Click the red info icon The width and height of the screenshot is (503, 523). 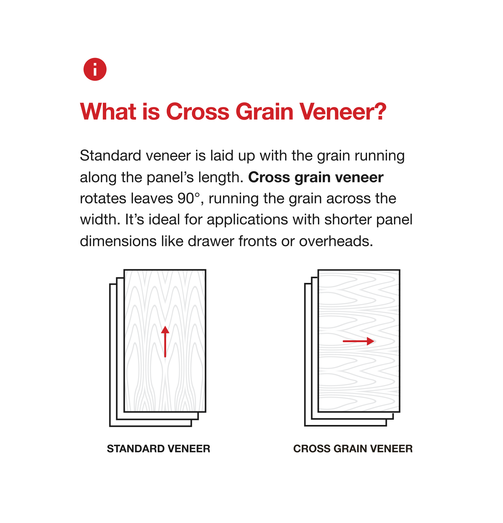[95, 69]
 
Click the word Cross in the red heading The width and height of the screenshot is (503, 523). [198, 112]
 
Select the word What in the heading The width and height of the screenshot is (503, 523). [108, 112]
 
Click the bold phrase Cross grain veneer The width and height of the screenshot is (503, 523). [316, 178]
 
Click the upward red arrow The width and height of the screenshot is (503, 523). [165, 342]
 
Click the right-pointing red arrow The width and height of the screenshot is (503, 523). [358, 341]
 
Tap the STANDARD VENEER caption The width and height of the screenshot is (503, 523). [158, 449]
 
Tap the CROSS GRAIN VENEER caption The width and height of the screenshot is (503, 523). [353, 449]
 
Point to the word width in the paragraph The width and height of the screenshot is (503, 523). [100, 220]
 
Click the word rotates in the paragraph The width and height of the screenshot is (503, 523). [103, 199]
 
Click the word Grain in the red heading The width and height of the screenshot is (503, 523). [265, 112]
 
